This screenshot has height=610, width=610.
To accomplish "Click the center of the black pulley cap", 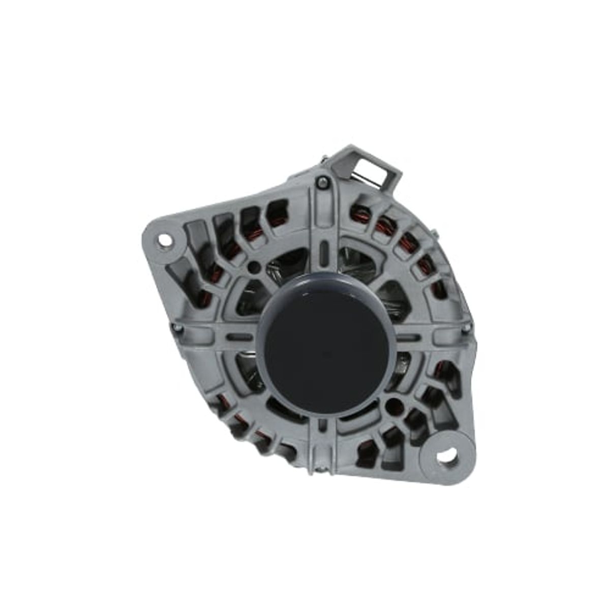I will pos(325,346).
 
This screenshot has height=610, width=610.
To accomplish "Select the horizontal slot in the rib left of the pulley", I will pos(240,337).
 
